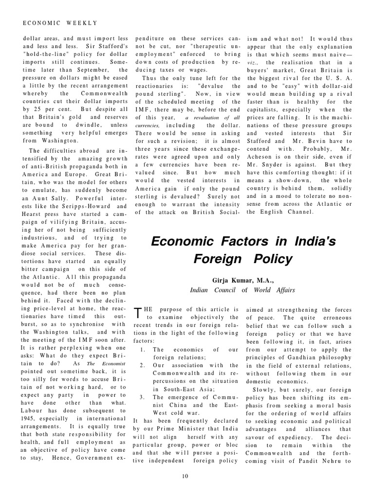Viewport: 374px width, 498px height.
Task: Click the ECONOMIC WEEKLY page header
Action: (60, 23)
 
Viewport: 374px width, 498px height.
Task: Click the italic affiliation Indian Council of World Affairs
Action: (242, 290)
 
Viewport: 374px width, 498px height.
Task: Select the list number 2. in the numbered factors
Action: (142, 365)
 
